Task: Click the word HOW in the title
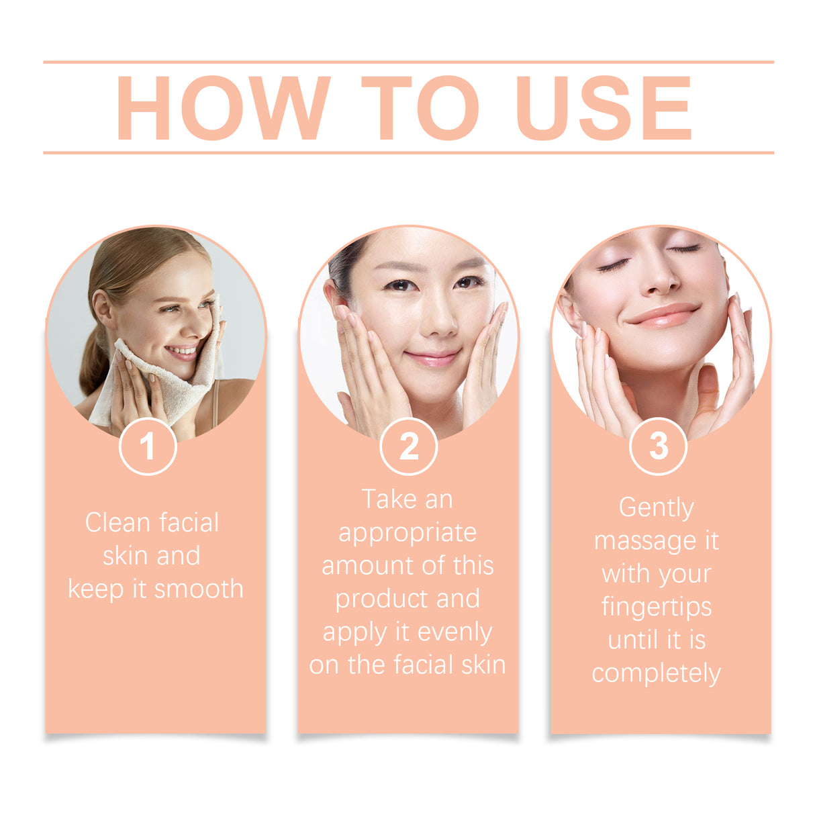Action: (223, 107)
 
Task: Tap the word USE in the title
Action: (604, 107)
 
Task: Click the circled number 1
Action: (148, 446)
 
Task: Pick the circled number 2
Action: (408, 446)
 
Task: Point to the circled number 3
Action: (658, 446)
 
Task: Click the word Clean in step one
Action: (114, 523)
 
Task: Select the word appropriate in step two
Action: (407, 533)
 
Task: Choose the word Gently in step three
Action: (656, 508)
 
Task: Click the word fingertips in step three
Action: (656, 608)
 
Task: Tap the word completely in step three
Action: (656, 673)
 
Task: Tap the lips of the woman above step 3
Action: (663, 316)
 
